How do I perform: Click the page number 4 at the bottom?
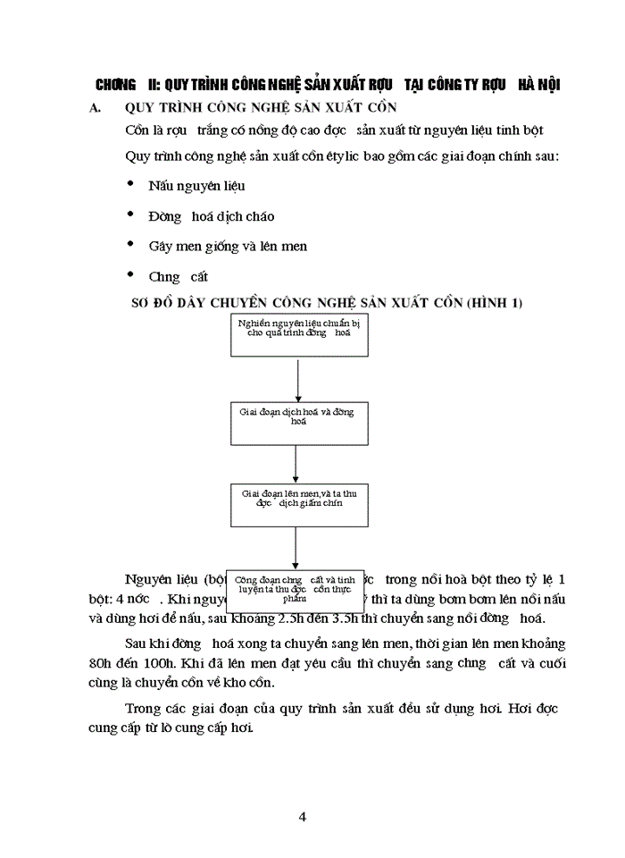[x=304, y=816]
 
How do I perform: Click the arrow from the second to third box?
[x=296, y=461]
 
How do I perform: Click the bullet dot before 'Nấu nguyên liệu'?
[x=130, y=183]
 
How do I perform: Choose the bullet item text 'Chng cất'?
[x=179, y=276]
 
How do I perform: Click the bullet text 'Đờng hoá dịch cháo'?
[x=212, y=216]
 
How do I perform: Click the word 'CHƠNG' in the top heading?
[x=114, y=85]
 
